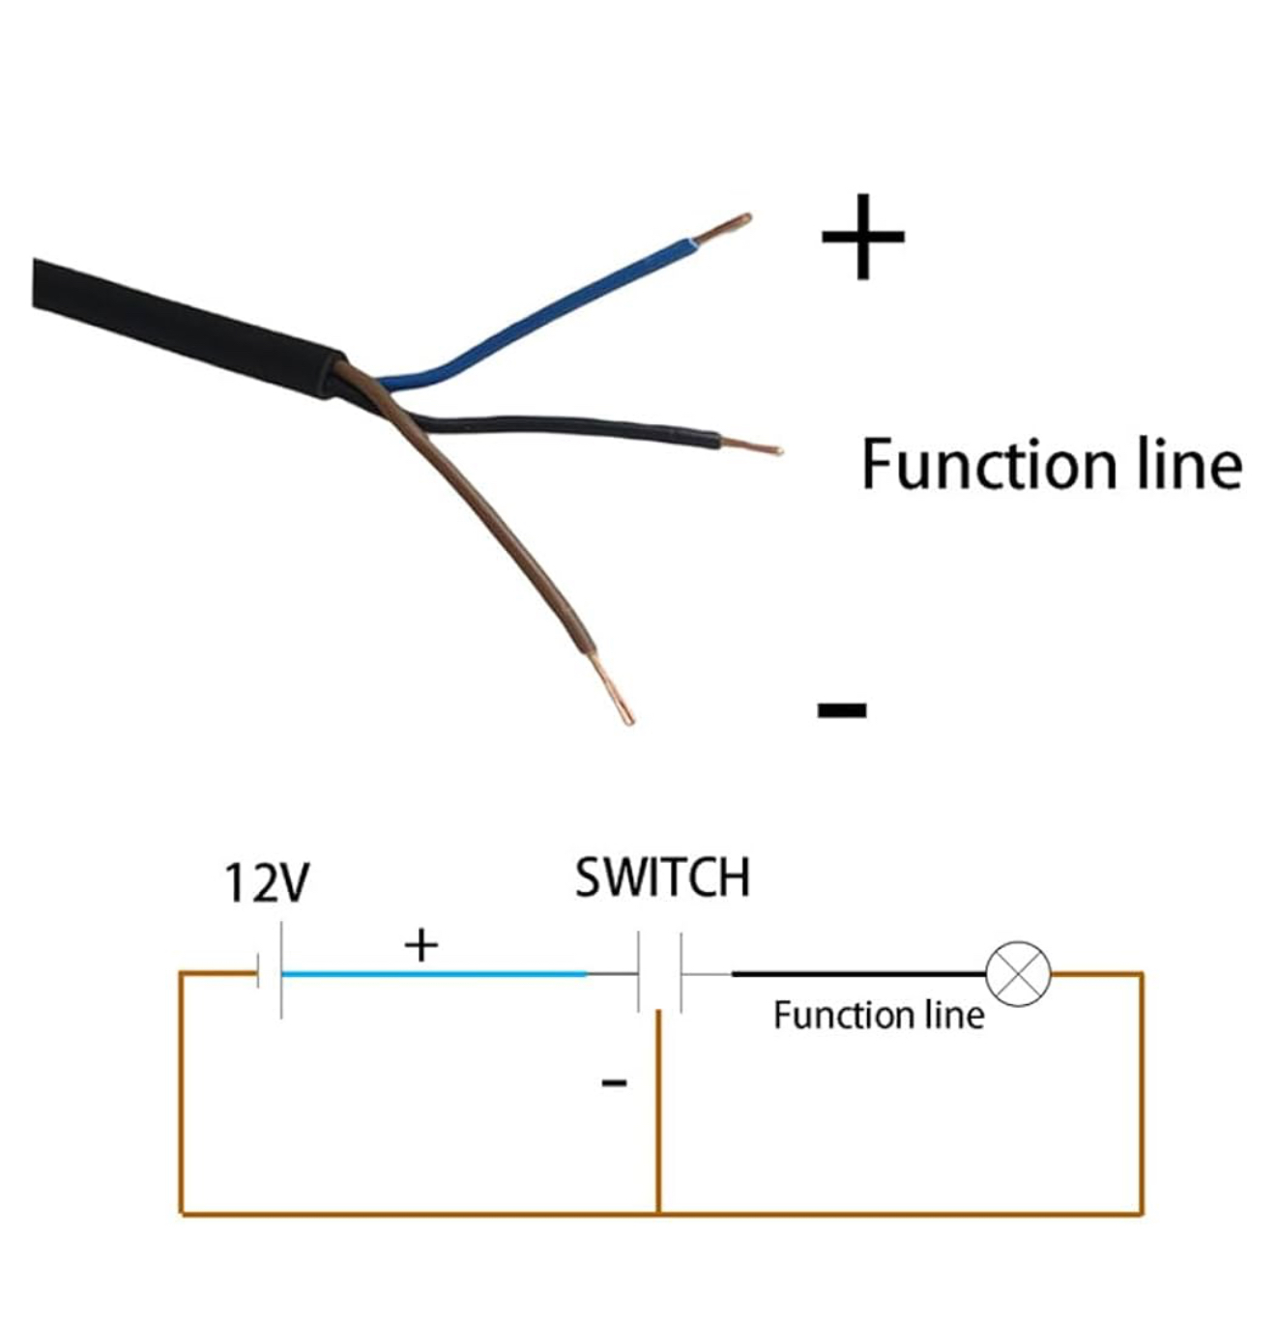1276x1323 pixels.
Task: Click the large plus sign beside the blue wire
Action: [x=862, y=237]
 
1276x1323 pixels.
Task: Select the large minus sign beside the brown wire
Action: [x=842, y=710]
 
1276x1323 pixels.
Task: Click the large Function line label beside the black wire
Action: [x=1051, y=465]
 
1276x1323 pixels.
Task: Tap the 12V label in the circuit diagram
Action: [x=267, y=882]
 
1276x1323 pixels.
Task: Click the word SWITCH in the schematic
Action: [x=662, y=877]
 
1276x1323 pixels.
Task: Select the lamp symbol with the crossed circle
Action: [x=1018, y=974]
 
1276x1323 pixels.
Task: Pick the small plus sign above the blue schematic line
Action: [x=421, y=944]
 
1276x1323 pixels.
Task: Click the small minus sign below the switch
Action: [x=614, y=1082]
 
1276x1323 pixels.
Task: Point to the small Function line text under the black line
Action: [x=879, y=1015]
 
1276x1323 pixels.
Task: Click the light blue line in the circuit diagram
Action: [x=435, y=974]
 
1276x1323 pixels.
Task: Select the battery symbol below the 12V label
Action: [x=270, y=971]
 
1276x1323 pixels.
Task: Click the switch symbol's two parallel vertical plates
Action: [x=659, y=972]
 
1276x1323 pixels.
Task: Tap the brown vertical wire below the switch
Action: [x=658, y=1111]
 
